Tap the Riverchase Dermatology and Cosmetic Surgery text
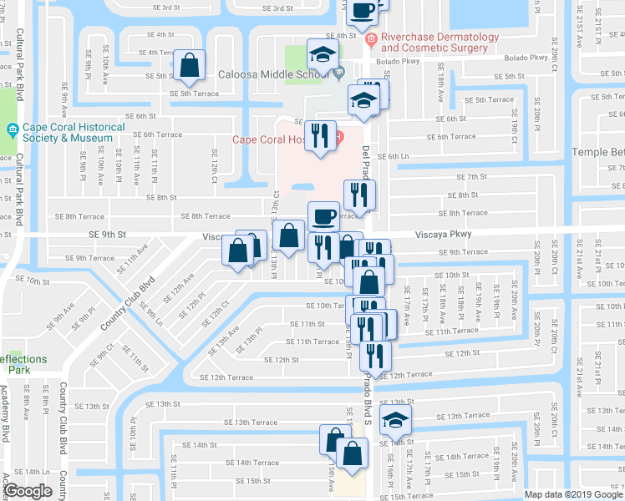click(440, 43)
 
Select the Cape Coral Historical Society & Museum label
click(74, 133)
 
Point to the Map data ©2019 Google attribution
click(574, 494)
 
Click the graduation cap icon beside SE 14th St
click(395, 419)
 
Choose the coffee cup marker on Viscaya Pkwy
click(324, 217)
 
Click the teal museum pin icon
click(13, 129)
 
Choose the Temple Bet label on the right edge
click(597, 152)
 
